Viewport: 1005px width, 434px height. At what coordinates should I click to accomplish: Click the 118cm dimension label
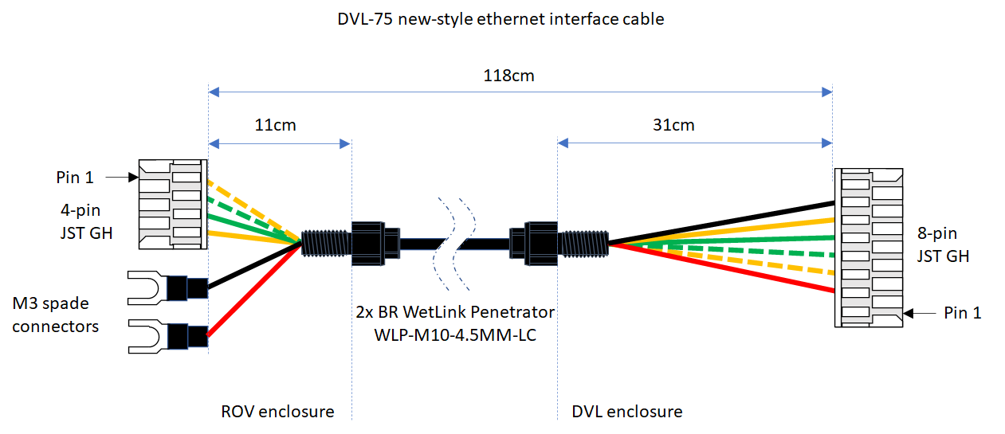508,76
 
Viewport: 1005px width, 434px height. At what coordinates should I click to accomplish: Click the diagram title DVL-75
501,19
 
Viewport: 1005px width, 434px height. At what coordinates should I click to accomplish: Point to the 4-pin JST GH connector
173,203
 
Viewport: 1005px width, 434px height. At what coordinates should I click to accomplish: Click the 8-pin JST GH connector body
868,247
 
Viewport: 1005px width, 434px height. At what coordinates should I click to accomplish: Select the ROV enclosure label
277,412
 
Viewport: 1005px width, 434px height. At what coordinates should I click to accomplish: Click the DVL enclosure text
627,412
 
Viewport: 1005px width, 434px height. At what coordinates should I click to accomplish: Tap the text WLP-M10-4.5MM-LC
455,334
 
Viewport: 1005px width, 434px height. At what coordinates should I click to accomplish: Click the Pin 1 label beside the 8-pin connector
962,313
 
